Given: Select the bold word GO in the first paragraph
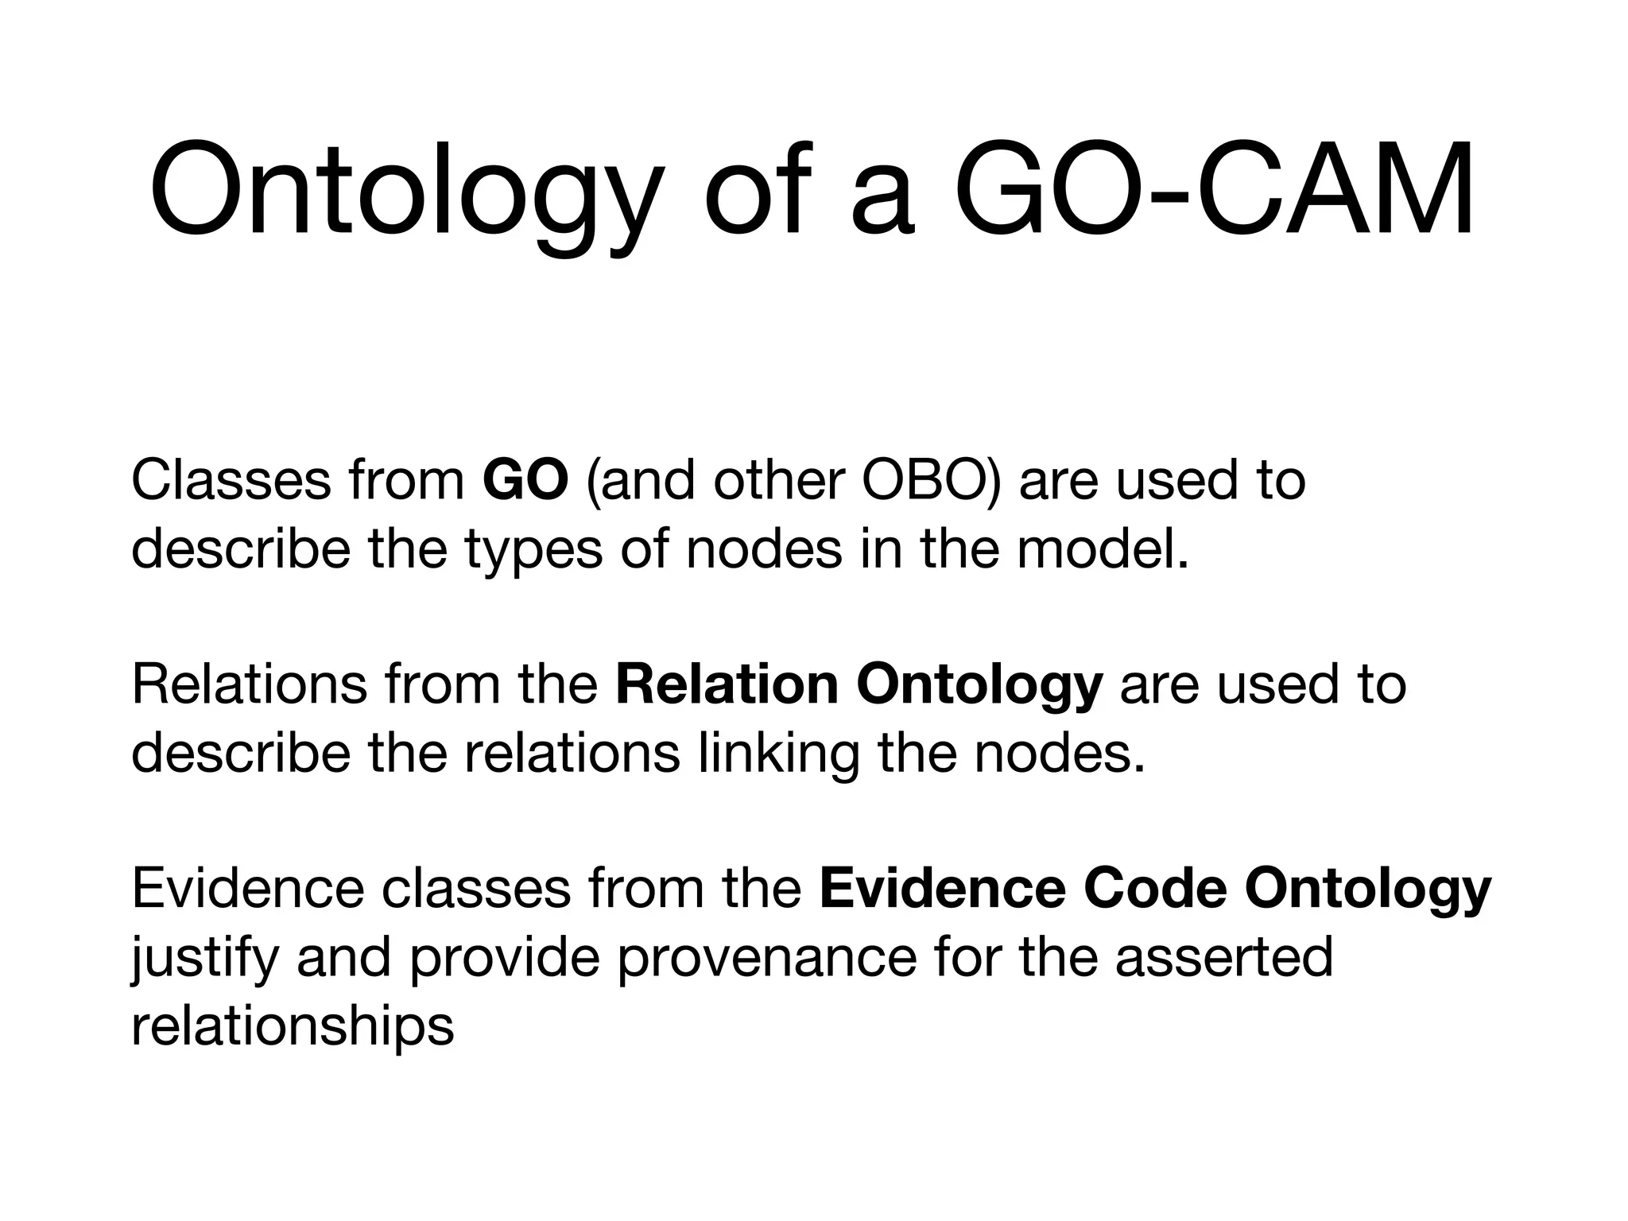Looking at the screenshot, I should click(525, 481).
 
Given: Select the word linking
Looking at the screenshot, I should click(778, 754).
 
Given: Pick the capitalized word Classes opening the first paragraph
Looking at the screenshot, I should click(231, 481).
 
